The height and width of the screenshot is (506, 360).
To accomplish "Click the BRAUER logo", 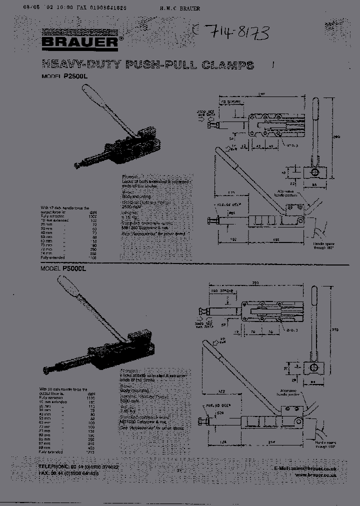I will click(x=79, y=43).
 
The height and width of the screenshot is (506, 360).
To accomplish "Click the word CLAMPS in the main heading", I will click(x=229, y=64).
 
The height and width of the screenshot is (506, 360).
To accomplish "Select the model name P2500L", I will click(x=75, y=76).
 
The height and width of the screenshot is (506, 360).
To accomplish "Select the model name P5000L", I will click(x=75, y=268).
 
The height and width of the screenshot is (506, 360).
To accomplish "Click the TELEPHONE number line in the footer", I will click(x=78, y=466).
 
